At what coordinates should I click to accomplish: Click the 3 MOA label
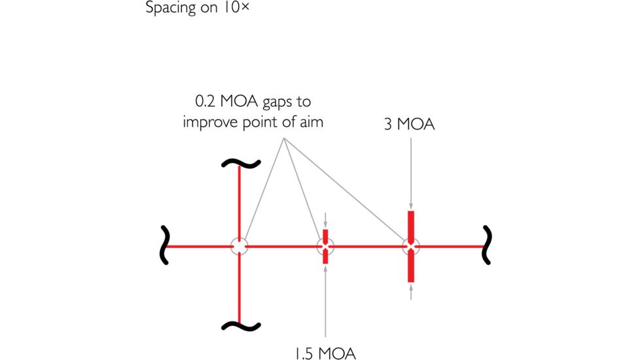[410, 124]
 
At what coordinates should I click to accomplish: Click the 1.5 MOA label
[325, 353]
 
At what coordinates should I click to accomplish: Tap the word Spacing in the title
[171, 8]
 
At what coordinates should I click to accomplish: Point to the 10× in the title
[236, 7]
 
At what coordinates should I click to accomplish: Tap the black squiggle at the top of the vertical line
[241, 164]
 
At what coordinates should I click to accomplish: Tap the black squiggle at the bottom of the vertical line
[241, 326]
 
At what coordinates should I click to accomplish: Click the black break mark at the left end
[164, 245]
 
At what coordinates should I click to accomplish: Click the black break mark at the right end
[487, 245]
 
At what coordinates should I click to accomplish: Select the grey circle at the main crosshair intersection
[240, 247]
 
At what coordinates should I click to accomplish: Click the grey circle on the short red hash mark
[325, 247]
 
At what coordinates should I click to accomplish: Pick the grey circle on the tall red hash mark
[411, 247]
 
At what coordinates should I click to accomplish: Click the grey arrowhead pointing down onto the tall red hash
[411, 207]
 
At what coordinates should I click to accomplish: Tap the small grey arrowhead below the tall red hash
[411, 287]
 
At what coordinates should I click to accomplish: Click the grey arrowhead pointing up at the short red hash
[325, 268]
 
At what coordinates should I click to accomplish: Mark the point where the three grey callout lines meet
[283, 138]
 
